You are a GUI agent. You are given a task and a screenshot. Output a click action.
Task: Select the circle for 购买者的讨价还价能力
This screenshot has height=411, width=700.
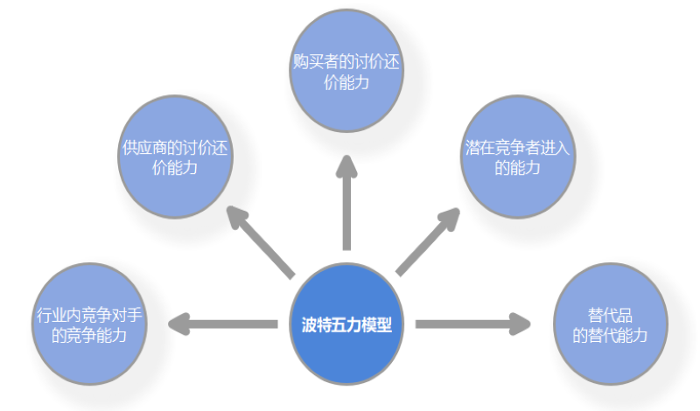coord(347,72)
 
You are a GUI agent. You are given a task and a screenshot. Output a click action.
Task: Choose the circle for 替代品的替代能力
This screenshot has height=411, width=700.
coord(611,324)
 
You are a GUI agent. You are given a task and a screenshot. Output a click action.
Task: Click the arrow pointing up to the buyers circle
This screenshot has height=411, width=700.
coord(347,201)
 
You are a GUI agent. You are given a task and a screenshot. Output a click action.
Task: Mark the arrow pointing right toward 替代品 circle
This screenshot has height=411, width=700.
coord(472,324)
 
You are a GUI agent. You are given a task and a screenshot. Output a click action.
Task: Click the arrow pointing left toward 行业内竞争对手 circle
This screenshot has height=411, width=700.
coord(223,324)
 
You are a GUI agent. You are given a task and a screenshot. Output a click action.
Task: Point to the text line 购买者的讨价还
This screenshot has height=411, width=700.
coord(347,63)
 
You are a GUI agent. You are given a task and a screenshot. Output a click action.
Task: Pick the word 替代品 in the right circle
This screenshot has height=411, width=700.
coord(610,315)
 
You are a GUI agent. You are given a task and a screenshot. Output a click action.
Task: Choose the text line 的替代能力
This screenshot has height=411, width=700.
coord(610,334)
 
